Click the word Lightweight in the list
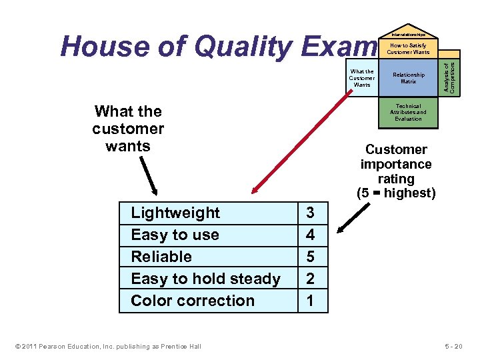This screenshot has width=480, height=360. click(175, 213)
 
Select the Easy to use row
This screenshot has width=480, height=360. click(175, 235)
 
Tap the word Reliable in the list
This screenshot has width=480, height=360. click(161, 257)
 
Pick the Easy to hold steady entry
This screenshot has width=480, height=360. click(205, 279)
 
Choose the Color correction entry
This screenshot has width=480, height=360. click(193, 301)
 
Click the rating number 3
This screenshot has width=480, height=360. click(310, 213)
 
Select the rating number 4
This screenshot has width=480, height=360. click(310, 235)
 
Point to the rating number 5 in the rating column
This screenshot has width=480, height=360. click(310, 257)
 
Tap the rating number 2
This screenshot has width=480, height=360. click(310, 279)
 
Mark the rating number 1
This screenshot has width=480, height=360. click(310, 301)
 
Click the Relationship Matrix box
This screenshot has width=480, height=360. click(408, 79)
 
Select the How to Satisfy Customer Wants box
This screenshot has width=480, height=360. click(408, 49)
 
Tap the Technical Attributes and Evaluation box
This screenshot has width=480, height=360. click(408, 112)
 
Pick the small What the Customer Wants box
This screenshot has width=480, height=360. click(362, 78)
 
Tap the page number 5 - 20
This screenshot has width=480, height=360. click(458, 345)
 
